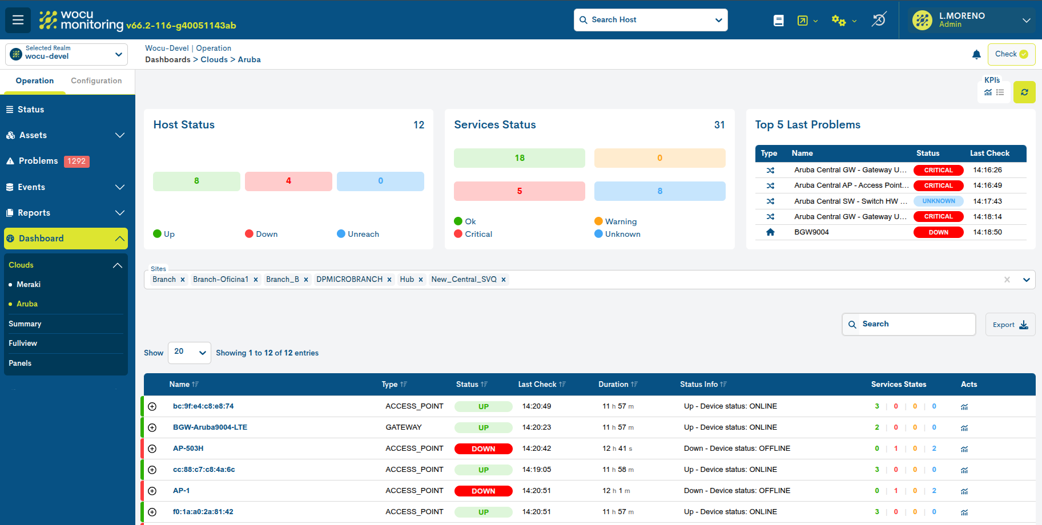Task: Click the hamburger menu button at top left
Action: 18,20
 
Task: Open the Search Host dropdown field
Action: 650,20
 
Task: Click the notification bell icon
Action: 976,55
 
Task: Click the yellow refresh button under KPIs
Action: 1024,92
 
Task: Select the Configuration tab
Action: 96,81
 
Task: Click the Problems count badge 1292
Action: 77,161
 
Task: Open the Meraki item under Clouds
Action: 29,284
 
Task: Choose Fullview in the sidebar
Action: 23,344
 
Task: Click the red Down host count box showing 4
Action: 288,181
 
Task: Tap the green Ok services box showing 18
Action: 519,158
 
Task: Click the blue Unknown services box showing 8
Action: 659,191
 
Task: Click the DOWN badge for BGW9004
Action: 938,232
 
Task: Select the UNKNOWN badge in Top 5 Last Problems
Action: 938,201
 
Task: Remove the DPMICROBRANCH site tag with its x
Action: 389,280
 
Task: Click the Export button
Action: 1009,325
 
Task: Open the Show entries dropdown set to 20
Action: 189,353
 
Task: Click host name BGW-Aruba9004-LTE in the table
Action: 210,427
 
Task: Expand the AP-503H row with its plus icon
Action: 152,449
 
